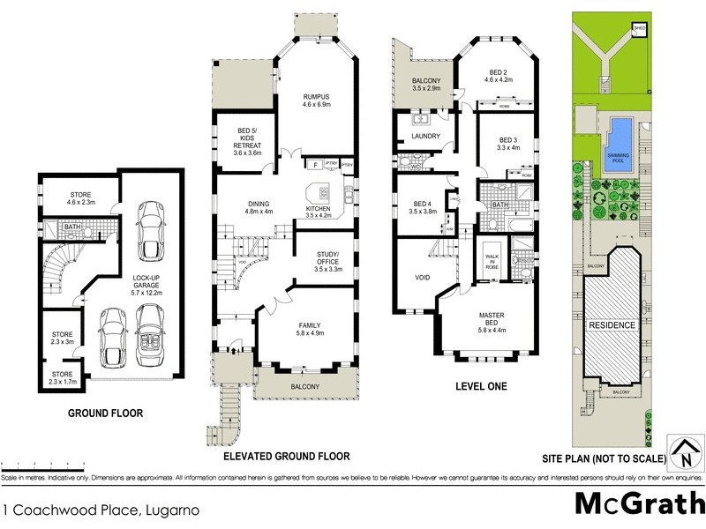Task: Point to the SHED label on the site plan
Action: [639, 28]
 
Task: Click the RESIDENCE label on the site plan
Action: [612, 325]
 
